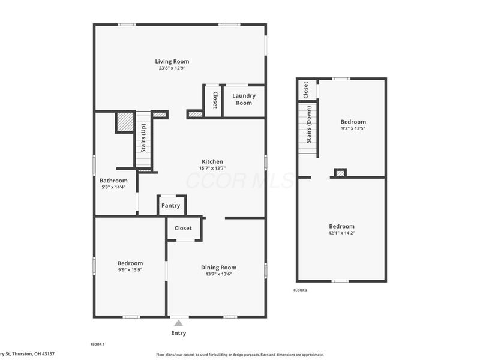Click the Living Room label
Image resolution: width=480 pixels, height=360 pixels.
pyautogui.click(x=172, y=61)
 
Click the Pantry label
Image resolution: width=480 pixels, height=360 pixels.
pyautogui.click(x=171, y=206)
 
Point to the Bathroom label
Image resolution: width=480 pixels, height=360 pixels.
pyautogui.click(x=113, y=181)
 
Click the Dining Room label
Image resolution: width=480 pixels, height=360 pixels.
pyautogui.click(x=218, y=268)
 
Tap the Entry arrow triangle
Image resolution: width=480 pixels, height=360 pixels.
pyautogui.click(x=178, y=323)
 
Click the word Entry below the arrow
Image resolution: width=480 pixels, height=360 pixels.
pyautogui.click(x=178, y=333)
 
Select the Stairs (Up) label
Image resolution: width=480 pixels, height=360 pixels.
pyautogui.click(x=143, y=139)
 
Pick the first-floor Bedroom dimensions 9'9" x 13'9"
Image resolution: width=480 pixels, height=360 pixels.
pyautogui.click(x=130, y=270)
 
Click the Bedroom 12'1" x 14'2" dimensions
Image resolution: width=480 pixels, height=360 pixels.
pyautogui.click(x=341, y=233)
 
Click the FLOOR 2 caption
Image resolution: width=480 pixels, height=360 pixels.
pyautogui.click(x=300, y=290)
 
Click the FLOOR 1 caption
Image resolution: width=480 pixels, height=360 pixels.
pyautogui.click(x=97, y=344)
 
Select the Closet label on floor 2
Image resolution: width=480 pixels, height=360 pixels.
pyautogui.click(x=305, y=90)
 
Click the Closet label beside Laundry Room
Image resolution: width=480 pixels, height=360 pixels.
pyautogui.click(x=214, y=100)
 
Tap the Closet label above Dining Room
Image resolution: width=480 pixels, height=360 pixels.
pyautogui.click(x=183, y=228)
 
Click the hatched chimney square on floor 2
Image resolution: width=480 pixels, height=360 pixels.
pyautogui.click(x=340, y=173)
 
